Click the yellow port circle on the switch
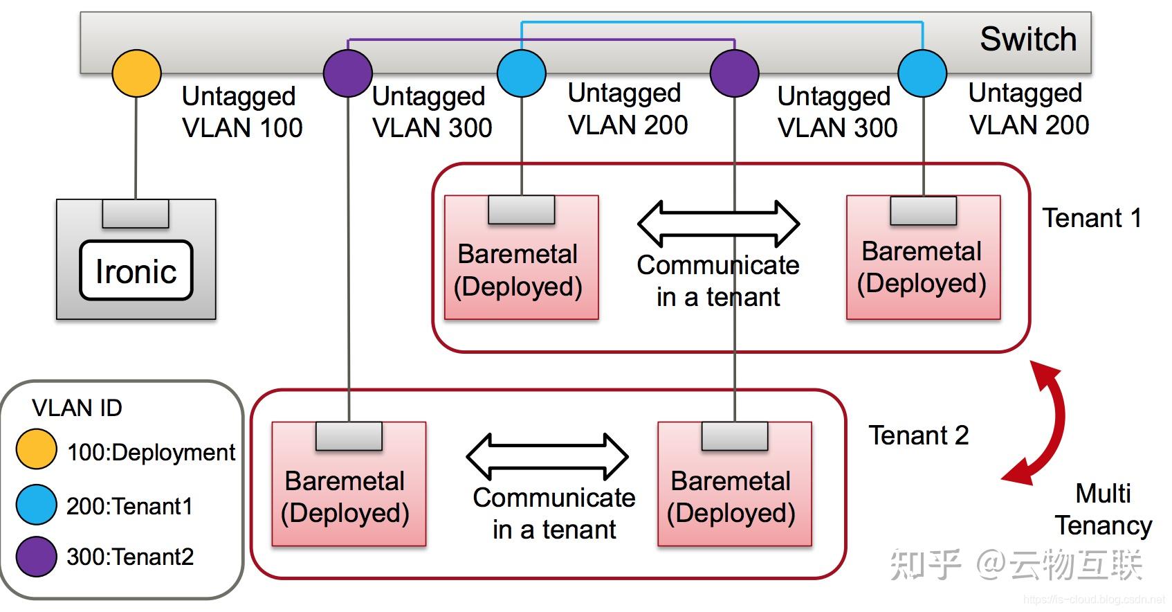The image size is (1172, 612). [137, 73]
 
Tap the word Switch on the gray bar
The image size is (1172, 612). [1027, 39]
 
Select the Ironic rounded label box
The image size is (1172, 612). [136, 271]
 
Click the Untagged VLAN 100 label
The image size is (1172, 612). [241, 112]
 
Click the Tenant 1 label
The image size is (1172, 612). [1091, 218]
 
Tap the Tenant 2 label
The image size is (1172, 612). [918, 435]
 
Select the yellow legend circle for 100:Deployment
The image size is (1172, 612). [36, 449]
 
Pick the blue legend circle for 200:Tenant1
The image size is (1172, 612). [36, 505]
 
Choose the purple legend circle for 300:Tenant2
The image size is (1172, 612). [36, 557]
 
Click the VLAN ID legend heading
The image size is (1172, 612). [77, 408]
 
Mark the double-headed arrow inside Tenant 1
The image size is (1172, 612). [718, 224]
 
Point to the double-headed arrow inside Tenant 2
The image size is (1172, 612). [547, 457]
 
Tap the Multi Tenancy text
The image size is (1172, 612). [1104, 510]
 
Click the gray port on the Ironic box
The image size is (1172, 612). [136, 213]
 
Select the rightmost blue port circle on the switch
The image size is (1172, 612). [922, 73]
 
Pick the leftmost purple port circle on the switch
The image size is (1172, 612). [348, 73]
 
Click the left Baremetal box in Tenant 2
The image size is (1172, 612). [349, 485]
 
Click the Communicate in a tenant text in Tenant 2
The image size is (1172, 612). [553, 513]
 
